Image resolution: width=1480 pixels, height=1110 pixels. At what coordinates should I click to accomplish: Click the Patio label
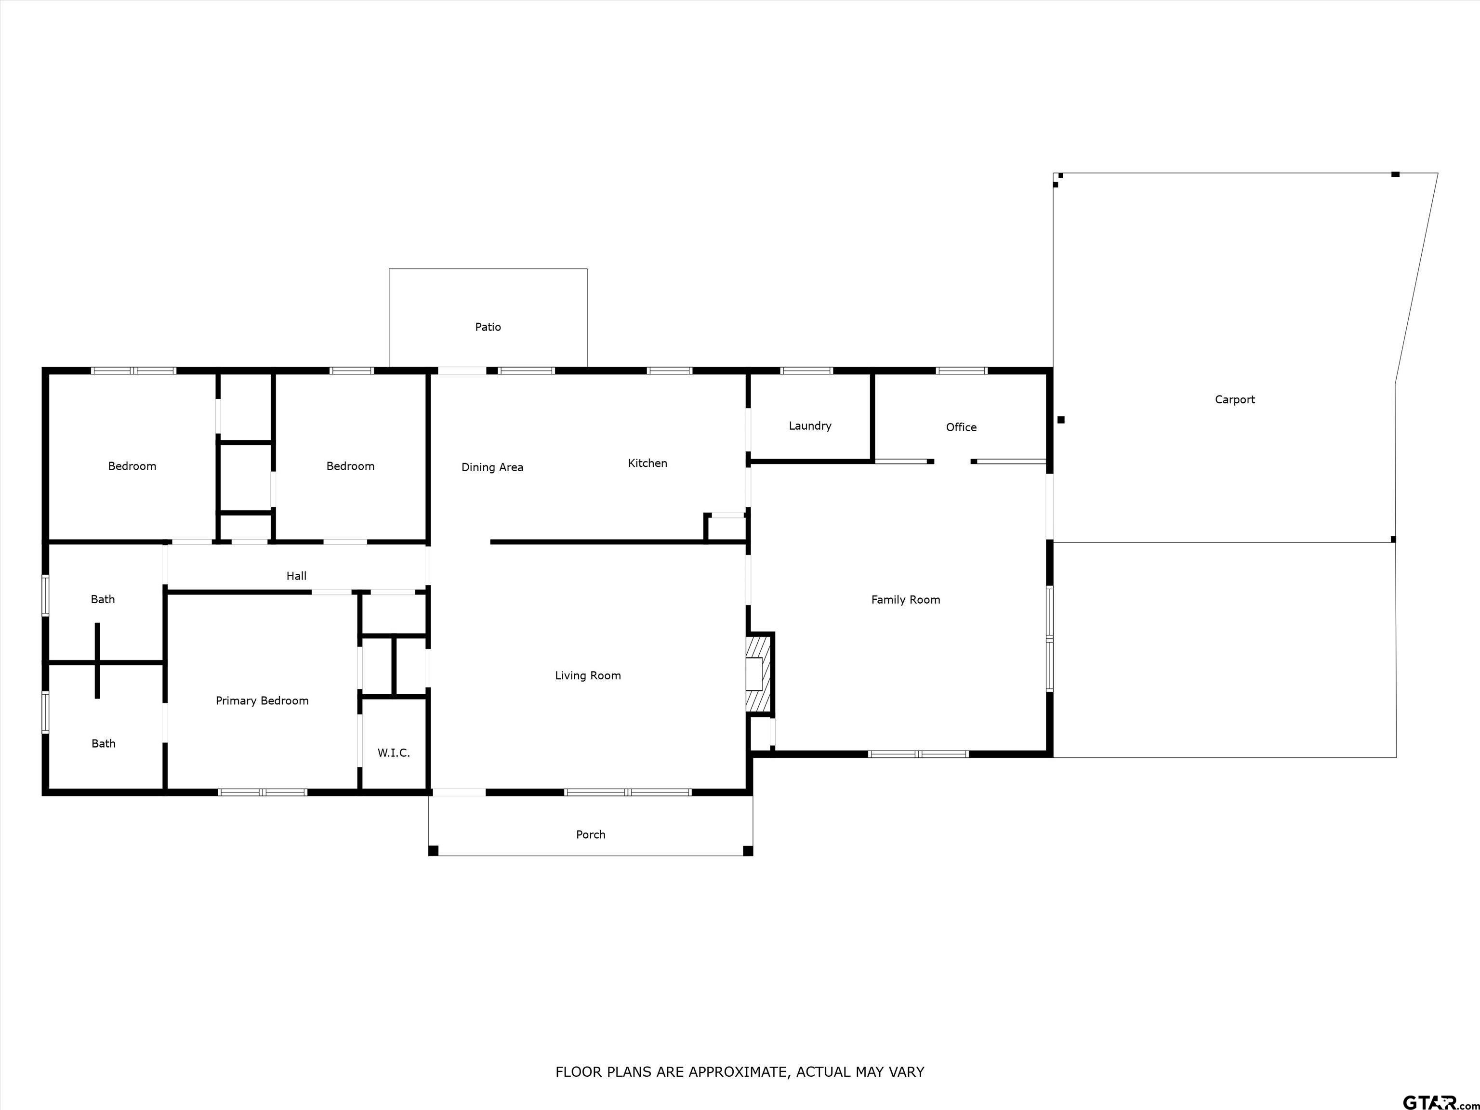pyautogui.click(x=488, y=327)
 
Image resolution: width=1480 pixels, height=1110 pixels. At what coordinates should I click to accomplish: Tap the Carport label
pyautogui.click(x=1234, y=400)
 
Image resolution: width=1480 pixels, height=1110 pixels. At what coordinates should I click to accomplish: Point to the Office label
pyautogui.click(x=961, y=427)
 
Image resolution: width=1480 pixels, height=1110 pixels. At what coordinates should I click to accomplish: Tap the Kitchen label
pyautogui.click(x=647, y=463)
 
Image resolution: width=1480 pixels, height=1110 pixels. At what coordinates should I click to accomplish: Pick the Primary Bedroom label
pyautogui.click(x=262, y=701)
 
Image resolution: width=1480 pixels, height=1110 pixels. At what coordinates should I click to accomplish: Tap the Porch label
pyautogui.click(x=590, y=835)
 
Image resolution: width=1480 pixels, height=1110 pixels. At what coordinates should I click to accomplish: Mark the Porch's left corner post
pyautogui.click(x=434, y=851)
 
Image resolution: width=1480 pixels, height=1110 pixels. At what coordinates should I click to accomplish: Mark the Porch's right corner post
pyautogui.click(x=748, y=851)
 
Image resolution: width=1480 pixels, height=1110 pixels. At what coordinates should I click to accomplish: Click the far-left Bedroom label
pyautogui.click(x=132, y=466)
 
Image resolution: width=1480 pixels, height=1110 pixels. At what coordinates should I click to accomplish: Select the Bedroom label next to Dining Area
pyautogui.click(x=350, y=466)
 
